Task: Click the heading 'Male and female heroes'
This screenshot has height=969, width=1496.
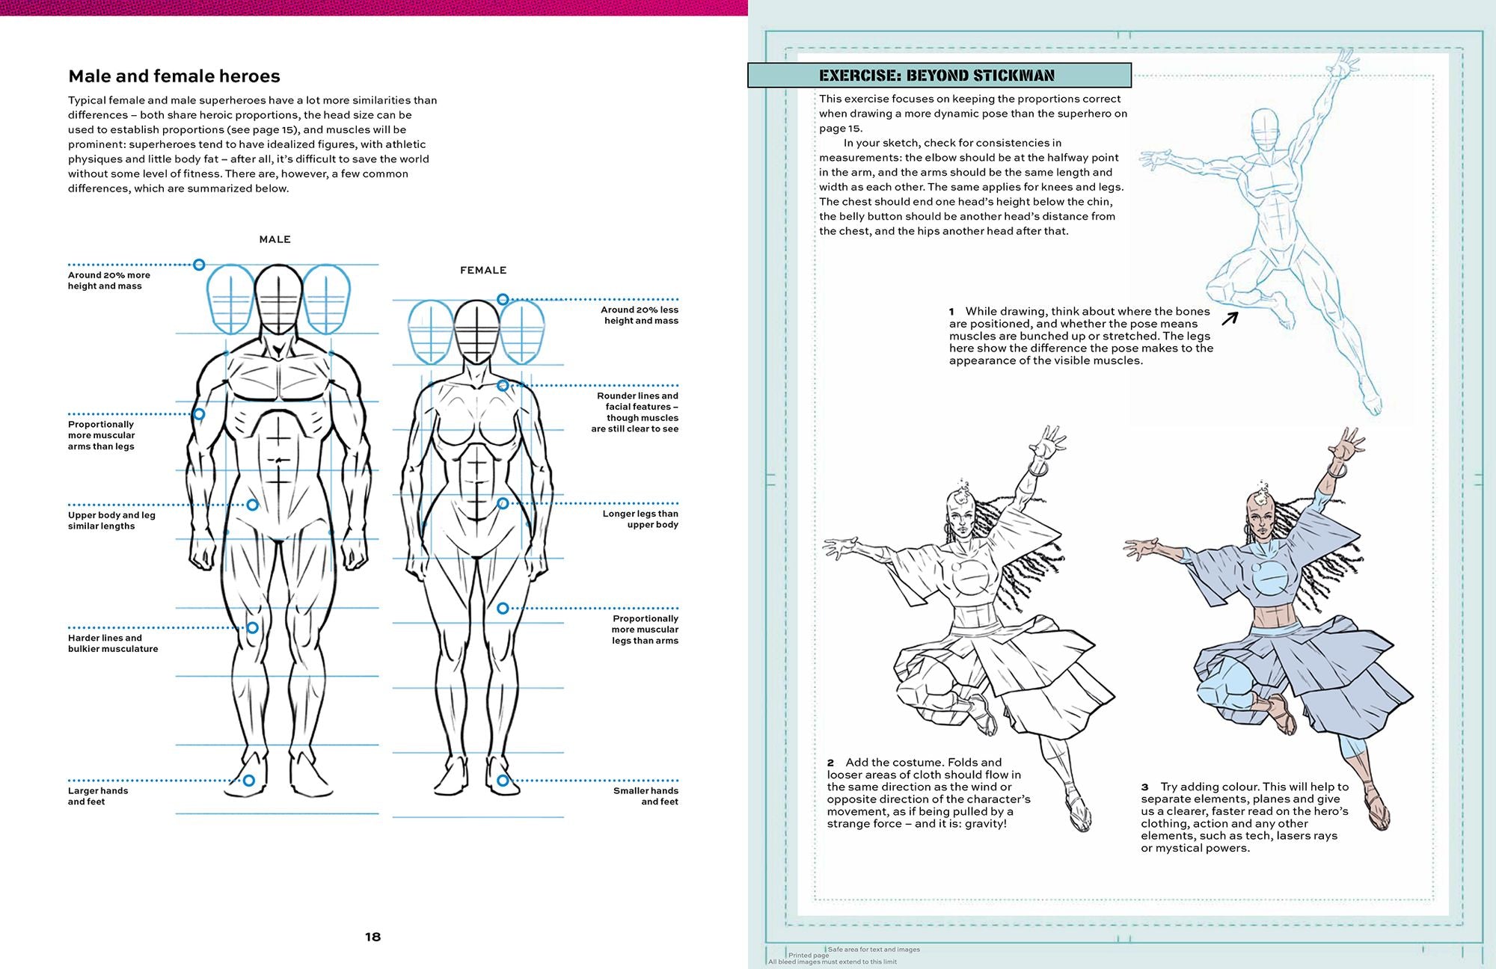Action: (x=174, y=76)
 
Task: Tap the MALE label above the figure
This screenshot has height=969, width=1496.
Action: (x=275, y=239)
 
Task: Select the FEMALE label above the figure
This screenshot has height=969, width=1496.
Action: (x=483, y=270)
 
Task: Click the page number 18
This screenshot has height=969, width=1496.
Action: (x=373, y=937)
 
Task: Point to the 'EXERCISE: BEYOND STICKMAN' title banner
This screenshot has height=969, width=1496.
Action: (x=939, y=76)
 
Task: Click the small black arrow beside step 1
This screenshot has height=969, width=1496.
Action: (x=1230, y=319)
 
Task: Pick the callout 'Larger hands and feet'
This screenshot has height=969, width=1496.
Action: (x=98, y=796)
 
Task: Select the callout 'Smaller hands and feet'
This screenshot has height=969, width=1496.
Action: (x=646, y=796)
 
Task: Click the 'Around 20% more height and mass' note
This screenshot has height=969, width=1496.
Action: (x=108, y=280)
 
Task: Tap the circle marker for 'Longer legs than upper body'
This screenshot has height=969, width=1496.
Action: (x=503, y=503)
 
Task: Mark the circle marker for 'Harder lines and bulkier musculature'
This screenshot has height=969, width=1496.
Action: (x=252, y=627)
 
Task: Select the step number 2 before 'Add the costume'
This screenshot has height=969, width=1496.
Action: (x=830, y=763)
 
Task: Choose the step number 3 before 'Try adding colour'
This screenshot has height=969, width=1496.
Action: (x=1144, y=787)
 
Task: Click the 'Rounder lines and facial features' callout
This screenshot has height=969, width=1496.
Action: (x=637, y=412)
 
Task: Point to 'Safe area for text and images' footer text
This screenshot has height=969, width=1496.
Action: (x=874, y=950)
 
